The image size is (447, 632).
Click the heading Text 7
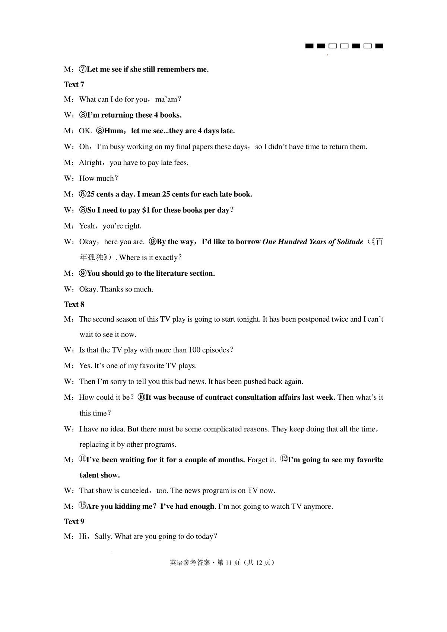[x=74, y=84]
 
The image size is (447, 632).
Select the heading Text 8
[x=74, y=304]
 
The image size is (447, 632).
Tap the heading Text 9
[x=74, y=521]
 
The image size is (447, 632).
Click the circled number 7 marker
[x=83, y=70]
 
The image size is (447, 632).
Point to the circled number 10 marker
[x=141, y=398]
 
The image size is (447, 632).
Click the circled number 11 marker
[x=82, y=459]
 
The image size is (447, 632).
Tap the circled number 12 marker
[x=284, y=459]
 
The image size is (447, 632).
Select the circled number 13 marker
[x=82, y=506]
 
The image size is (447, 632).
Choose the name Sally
[x=102, y=537]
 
